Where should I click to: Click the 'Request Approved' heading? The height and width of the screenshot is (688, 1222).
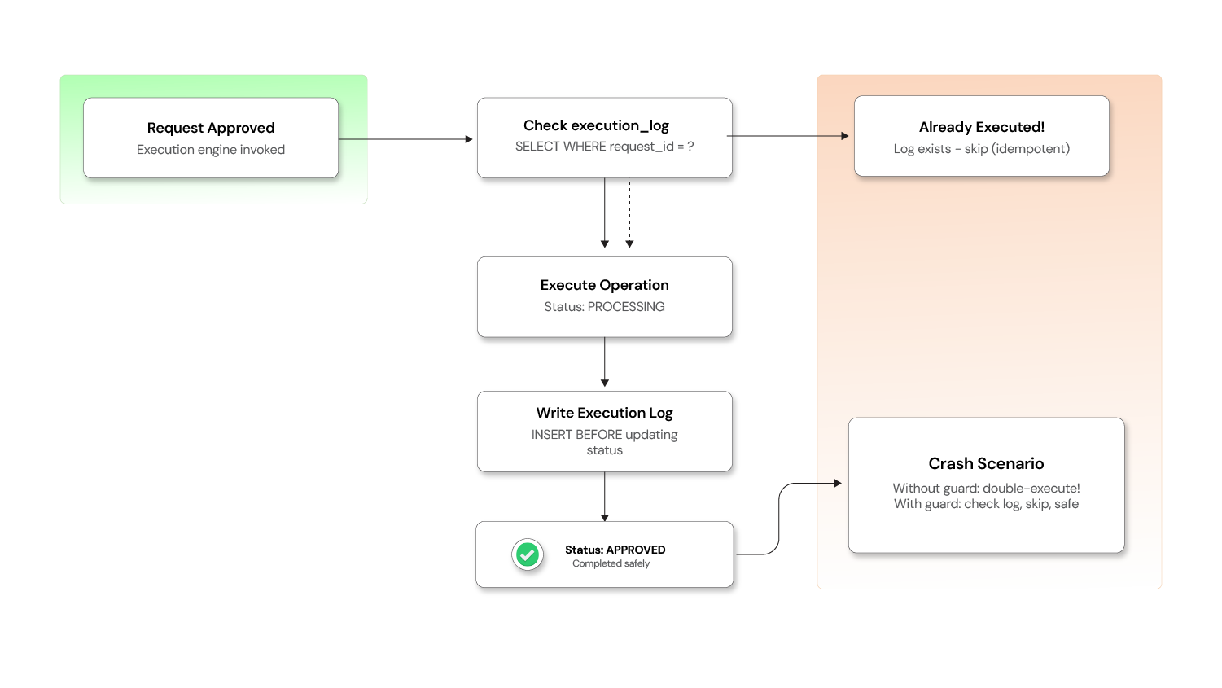click(211, 128)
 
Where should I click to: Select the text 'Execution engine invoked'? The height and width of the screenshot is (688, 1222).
click(211, 150)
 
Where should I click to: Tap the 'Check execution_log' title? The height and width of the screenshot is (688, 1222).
click(596, 125)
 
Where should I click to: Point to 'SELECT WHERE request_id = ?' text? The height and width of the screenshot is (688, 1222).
click(604, 147)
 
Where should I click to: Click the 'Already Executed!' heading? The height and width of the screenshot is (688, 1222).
click(981, 127)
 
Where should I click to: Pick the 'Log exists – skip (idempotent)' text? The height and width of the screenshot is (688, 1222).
click(981, 149)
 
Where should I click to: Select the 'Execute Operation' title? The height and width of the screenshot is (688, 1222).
click(604, 285)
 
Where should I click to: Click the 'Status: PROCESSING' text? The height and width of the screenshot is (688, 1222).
click(604, 307)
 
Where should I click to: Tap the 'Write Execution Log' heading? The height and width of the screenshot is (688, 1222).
click(604, 413)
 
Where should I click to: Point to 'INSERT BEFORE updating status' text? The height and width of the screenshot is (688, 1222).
click(604, 442)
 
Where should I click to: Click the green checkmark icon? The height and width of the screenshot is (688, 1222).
click(528, 555)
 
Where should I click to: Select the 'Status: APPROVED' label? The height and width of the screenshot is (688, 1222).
click(615, 550)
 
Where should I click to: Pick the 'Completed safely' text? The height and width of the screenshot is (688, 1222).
click(611, 563)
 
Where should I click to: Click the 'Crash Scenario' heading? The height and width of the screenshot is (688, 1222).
click(986, 463)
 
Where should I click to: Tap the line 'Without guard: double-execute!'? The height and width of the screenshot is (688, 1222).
click(986, 489)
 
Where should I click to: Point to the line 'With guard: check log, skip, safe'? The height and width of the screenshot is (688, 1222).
click(986, 504)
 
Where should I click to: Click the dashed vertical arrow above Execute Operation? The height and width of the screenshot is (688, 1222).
click(629, 216)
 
